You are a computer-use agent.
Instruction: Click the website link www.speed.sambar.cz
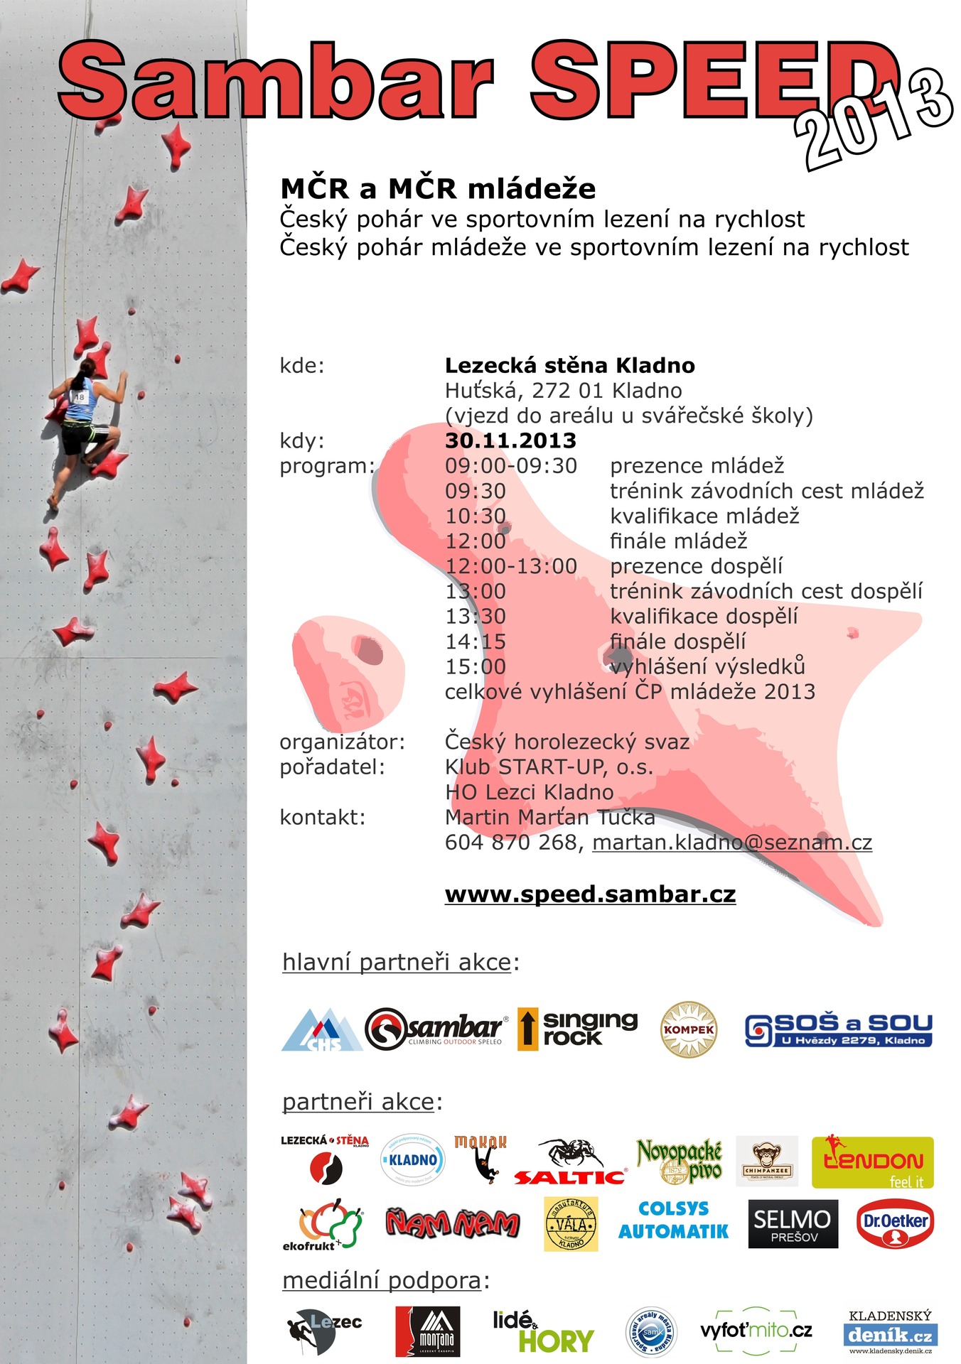pos(590,894)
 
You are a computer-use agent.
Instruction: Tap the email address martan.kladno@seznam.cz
pos(732,843)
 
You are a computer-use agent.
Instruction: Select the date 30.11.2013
pos(510,440)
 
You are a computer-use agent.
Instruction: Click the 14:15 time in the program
pos(476,642)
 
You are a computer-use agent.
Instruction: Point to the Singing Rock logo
pos(578,1028)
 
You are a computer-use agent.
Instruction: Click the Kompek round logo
pos(689,1029)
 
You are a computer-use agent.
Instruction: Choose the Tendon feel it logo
pos(872,1162)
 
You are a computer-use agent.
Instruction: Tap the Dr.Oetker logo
pos(895,1224)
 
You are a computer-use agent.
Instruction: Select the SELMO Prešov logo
pos(793,1224)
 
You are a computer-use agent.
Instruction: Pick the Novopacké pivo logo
pos(680,1161)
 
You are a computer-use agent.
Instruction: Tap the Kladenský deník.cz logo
pos(890,1331)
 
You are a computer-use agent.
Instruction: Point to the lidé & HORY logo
pos(543,1331)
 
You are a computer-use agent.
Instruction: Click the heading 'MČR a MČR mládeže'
pos(438,189)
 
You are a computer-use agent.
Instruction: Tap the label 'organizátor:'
pos(342,742)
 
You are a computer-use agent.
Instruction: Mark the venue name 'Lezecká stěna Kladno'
pos(569,366)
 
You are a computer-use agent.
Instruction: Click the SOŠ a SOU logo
pos(838,1029)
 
